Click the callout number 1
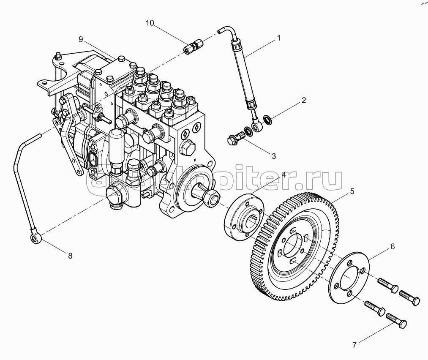click(x=278, y=38)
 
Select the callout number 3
click(x=273, y=156)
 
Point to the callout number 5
click(x=351, y=191)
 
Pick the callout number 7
click(x=354, y=345)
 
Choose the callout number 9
click(x=80, y=39)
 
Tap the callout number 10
click(x=150, y=22)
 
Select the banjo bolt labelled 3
click(x=235, y=138)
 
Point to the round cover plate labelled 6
click(x=349, y=278)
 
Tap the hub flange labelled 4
click(x=244, y=218)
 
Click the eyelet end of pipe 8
click(x=35, y=239)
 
